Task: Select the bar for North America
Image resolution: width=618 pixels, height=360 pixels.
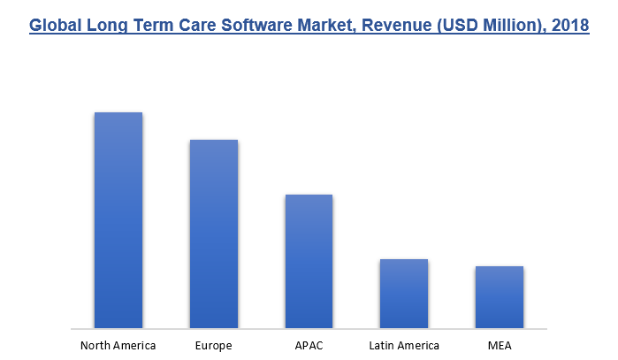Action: pyautogui.click(x=118, y=219)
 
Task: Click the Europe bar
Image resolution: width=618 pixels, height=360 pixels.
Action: pyautogui.click(x=213, y=234)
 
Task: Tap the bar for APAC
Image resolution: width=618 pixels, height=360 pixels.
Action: pyautogui.click(x=309, y=261)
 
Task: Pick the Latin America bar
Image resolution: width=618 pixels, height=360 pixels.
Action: pyautogui.click(x=404, y=293)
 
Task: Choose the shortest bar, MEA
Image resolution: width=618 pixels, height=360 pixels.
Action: pyautogui.click(x=499, y=296)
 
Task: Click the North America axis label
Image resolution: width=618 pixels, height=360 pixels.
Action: pyautogui.click(x=118, y=345)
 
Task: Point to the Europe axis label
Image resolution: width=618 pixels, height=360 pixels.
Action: pyautogui.click(x=213, y=345)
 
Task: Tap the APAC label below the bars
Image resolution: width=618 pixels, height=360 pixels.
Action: pyautogui.click(x=309, y=345)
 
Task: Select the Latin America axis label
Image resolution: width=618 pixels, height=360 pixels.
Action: pyautogui.click(x=403, y=345)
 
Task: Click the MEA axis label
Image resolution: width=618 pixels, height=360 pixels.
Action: pyautogui.click(x=499, y=345)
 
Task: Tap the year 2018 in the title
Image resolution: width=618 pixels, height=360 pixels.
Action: pyautogui.click(x=570, y=27)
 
